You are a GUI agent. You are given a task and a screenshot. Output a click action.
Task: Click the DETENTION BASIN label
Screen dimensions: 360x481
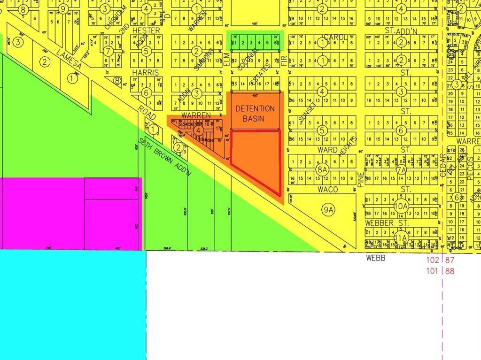255,114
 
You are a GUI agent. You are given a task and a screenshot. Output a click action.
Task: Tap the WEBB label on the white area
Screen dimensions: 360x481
376,258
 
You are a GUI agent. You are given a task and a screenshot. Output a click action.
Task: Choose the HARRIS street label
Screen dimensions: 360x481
146,73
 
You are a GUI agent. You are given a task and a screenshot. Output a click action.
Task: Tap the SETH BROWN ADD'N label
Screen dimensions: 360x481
165,156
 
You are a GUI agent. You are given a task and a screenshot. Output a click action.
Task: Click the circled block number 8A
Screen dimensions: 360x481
322,170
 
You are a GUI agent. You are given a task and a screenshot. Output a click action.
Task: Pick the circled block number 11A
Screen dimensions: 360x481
401,237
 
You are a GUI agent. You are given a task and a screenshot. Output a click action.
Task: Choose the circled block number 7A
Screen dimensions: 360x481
401,170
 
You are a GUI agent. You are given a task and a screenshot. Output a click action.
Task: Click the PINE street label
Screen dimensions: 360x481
361,179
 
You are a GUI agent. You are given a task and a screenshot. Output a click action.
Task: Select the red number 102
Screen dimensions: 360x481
433,260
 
